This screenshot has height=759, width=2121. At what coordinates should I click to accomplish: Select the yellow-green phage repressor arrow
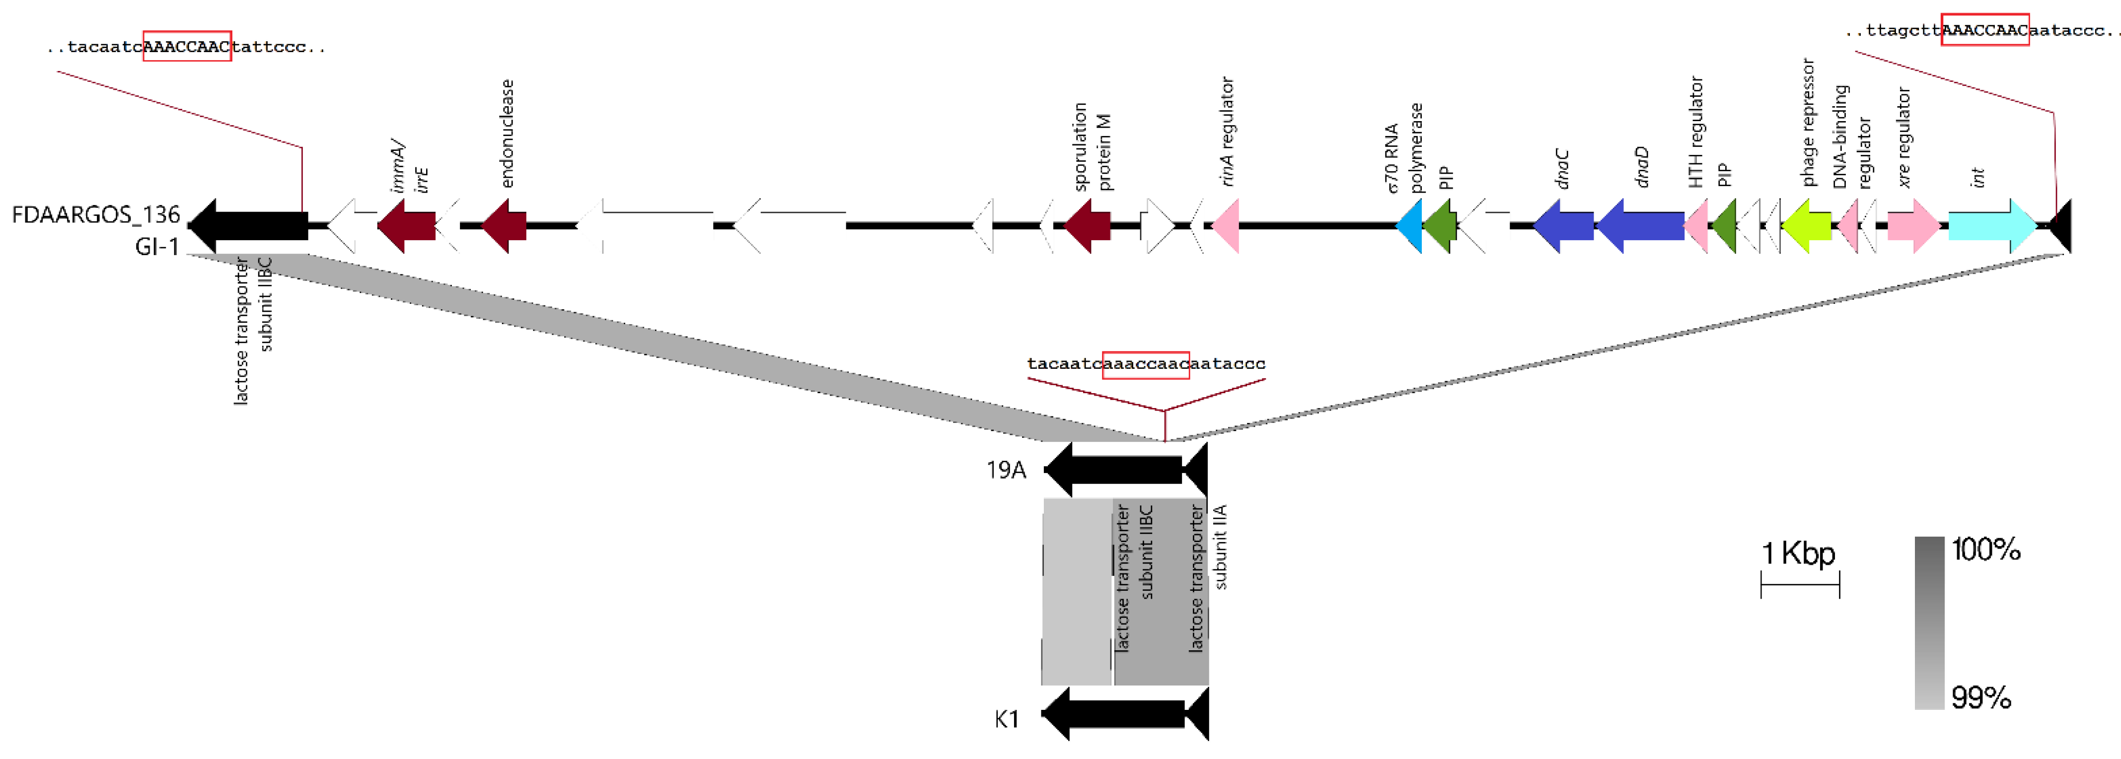1807,225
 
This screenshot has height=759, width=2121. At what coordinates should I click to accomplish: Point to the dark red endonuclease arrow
504,225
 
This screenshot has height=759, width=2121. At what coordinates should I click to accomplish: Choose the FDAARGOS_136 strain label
95,215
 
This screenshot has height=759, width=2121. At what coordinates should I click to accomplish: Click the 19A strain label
1006,470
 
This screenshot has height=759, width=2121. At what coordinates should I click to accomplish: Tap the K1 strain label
1006,719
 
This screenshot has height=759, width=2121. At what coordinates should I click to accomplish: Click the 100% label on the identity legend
1986,549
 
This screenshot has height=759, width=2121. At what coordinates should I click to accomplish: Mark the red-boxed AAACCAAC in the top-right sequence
1984,30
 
